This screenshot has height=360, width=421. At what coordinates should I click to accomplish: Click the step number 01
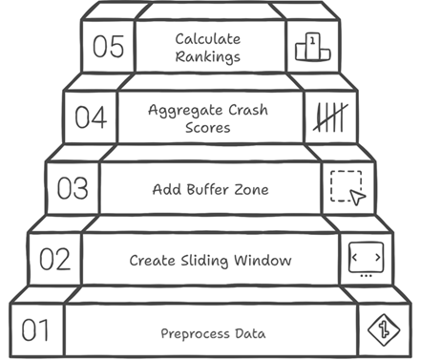pos(34,331)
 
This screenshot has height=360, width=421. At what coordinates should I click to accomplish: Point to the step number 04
pos(91,118)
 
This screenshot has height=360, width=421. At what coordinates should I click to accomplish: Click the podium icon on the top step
pos(312,46)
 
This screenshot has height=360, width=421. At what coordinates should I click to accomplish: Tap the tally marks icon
pos(329,117)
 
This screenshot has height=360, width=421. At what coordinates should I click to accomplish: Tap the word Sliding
pos(209,261)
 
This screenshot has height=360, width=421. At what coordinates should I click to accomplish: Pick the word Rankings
pos(207,56)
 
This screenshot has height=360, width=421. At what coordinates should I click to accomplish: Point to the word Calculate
pos(207,39)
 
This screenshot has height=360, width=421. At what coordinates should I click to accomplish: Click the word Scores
pos(210,127)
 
